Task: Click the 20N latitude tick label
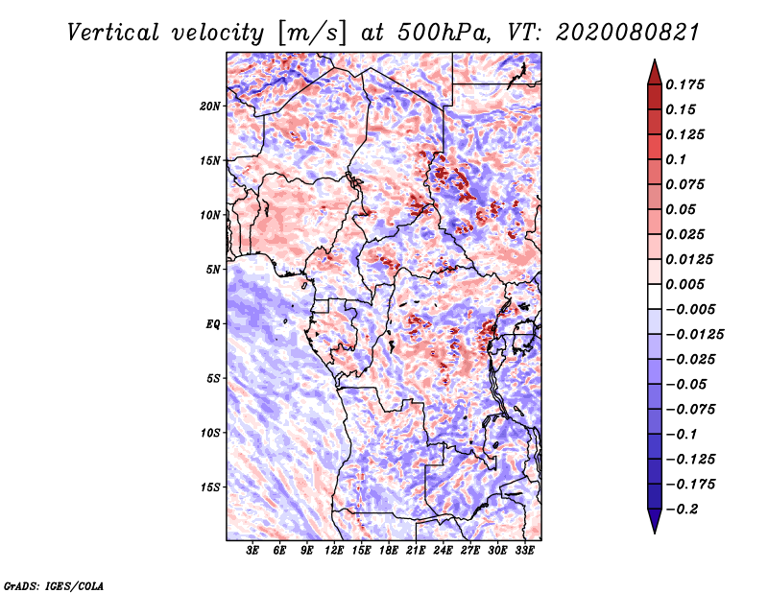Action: [x=210, y=106]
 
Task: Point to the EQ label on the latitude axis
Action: [x=213, y=324]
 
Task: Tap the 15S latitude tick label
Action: [x=210, y=486]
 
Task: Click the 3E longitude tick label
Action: [x=253, y=551]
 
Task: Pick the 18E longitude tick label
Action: [x=389, y=551]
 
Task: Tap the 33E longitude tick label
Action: [x=524, y=551]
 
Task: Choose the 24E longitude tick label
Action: [x=444, y=551]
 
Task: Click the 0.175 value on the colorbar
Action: [x=687, y=84]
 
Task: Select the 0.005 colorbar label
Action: [x=687, y=284]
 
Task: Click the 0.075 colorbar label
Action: [x=687, y=184]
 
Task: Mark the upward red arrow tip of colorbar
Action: [x=653, y=62]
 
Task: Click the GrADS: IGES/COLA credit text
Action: [x=53, y=584]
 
